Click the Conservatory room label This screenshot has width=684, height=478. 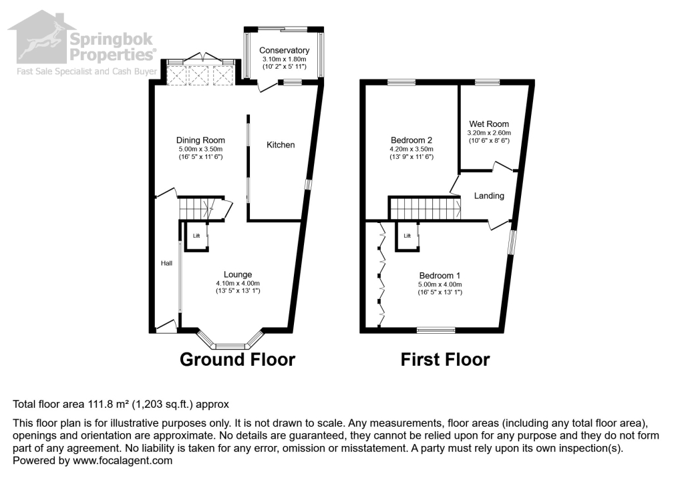(x=284, y=51)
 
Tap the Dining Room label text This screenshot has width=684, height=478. (x=200, y=140)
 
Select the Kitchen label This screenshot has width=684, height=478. (x=281, y=145)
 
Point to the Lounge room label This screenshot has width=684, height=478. (x=237, y=274)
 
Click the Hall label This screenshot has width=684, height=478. (x=166, y=264)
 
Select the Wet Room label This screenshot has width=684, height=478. (x=488, y=124)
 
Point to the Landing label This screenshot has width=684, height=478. (x=489, y=196)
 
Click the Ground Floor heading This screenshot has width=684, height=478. (x=237, y=360)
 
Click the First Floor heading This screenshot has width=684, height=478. (x=445, y=360)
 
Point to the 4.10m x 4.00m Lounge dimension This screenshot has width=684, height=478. (x=237, y=283)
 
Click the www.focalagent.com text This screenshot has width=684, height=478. (x=122, y=461)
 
